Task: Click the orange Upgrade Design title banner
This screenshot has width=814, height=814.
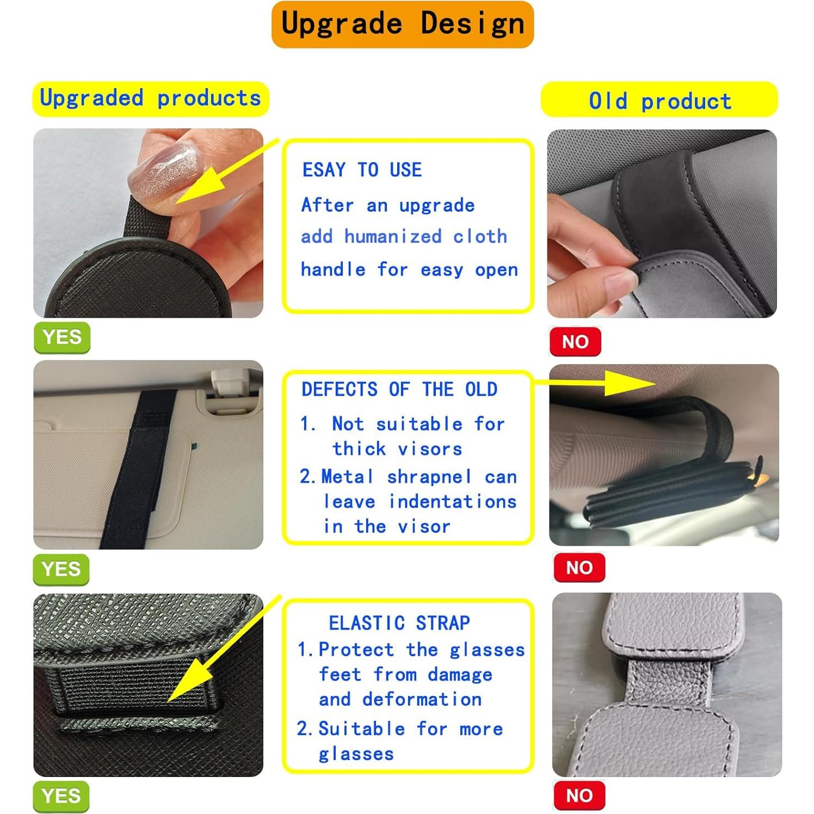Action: [x=403, y=24]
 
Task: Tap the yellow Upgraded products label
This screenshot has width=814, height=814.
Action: [x=151, y=98]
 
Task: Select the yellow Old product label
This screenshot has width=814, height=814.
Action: [x=659, y=100]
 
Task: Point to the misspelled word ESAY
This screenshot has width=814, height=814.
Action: [x=324, y=170]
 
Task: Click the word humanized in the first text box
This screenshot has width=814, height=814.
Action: [x=393, y=237]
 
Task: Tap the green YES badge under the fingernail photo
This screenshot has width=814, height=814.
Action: [x=62, y=337]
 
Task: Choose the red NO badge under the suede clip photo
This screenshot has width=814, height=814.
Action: [x=575, y=342]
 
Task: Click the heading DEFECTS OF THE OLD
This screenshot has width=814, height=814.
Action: [x=399, y=390]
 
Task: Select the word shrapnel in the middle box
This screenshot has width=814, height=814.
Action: [x=429, y=477]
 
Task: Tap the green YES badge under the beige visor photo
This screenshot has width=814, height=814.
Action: [x=61, y=570]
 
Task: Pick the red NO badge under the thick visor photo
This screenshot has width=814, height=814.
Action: [x=579, y=568]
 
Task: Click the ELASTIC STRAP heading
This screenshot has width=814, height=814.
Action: [x=399, y=623]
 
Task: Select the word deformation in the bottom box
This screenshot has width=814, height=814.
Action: [x=422, y=699]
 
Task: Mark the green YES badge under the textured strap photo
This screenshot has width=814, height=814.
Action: [x=61, y=796]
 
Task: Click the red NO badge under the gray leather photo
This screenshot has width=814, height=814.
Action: [x=579, y=795]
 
